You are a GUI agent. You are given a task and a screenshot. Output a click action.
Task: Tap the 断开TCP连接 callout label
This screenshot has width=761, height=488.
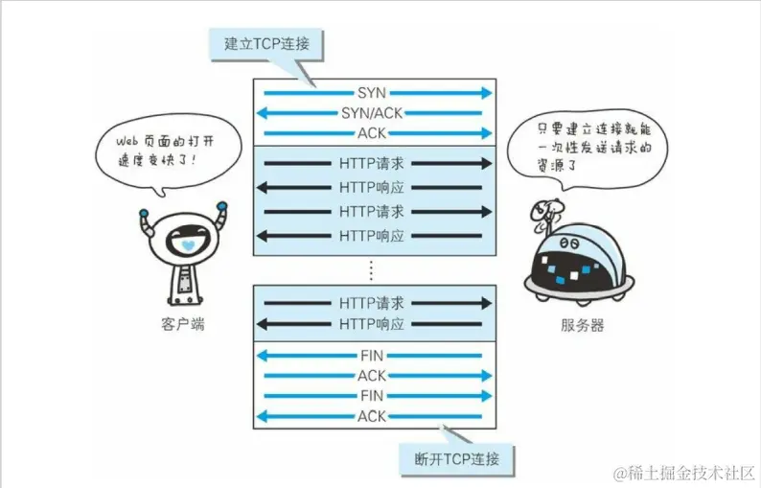pyautogui.click(x=456, y=458)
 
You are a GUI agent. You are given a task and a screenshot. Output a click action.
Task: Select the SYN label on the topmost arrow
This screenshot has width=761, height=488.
pyautogui.click(x=372, y=93)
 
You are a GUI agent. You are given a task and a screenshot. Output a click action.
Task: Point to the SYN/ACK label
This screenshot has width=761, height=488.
pyautogui.click(x=372, y=113)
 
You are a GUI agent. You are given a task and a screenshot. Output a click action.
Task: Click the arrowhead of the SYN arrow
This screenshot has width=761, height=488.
pyautogui.click(x=487, y=93)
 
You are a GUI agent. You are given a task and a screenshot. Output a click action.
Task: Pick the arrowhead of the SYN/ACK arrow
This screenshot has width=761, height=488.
pyautogui.click(x=261, y=113)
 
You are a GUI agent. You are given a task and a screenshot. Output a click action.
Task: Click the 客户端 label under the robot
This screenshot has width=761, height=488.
pyautogui.click(x=183, y=325)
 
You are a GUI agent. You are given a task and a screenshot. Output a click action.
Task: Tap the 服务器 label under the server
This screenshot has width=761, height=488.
pyautogui.click(x=582, y=325)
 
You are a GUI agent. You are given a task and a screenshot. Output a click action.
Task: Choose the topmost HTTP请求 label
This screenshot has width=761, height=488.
pyautogui.click(x=372, y=164)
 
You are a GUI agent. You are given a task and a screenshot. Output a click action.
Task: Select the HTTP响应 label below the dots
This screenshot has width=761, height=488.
pyautogui.click(x=372, y=324)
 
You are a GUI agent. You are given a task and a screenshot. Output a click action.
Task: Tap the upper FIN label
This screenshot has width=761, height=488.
pyautogui.click(x=372, y=356)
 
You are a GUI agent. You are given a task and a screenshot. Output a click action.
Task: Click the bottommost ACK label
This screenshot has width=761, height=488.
pyautogui.click(x=372, y=416)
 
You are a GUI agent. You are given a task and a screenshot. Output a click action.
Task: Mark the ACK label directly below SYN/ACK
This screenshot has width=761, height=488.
pyautogui.click(x=372, y=132)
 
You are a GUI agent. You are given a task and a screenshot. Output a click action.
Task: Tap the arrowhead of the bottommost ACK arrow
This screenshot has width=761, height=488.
pyautogui.click(x=261, y=416)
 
